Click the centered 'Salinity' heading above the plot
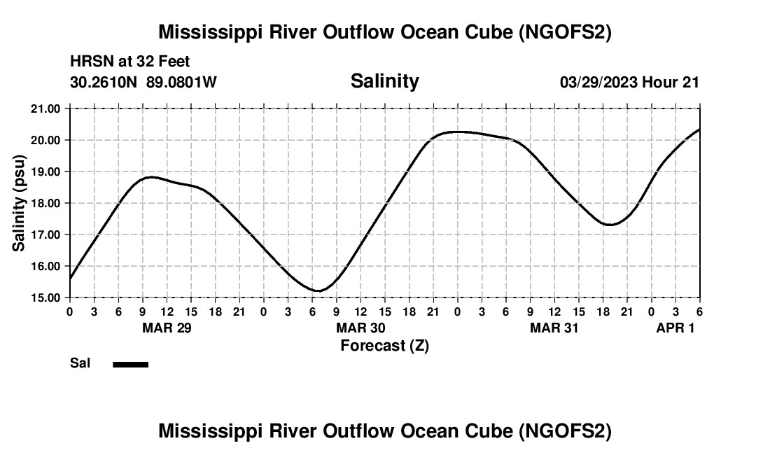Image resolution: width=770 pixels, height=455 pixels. pyautogui.click(x=384, y=81)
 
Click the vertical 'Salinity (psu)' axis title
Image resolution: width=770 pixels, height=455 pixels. pyautogui.click(x=19, y=203)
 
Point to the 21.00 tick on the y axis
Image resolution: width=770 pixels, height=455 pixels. pyautogui.click(x=46, y=108)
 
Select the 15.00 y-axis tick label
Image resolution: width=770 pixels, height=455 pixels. pyautogui.click(x=46, y=297)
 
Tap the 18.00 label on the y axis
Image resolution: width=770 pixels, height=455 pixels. pyautogui.click(x=46, y=203)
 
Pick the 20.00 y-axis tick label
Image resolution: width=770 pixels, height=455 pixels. pyautogui.click(x=46, y=140)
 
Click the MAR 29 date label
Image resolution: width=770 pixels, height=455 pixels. pyautogui.click(x=167, y=328)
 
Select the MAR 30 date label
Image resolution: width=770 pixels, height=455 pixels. pyautogui.click(x=360, y=328)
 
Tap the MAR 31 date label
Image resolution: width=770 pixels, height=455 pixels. pyautogui.click(x=554, y=328)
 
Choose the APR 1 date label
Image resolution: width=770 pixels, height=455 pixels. pyautogui.click(x=675, y=328)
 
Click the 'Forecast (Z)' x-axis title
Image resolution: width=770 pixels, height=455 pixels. pyautogui.click(x=384, y=345)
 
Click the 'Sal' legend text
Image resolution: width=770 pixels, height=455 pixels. pyautogui.click(x=80, y=363)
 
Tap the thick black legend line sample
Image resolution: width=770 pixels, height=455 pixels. pyautogui.click(x=130, y=364)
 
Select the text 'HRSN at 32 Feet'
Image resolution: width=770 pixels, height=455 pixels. pyautogui.click(x=129, y=62)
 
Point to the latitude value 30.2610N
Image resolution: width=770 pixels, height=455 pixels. pyautogui.click(x=104, y=83)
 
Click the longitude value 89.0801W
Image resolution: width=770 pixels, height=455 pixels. pyautogui.click(x=181, y=83)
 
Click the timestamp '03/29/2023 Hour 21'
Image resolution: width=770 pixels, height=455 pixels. pyautogui.click(x=629, y=83)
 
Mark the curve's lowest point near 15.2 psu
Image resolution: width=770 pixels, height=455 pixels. pyautogui.click(x=318, y=290)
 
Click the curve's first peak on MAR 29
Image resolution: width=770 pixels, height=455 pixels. pyautogui.click(x=150, y=177)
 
